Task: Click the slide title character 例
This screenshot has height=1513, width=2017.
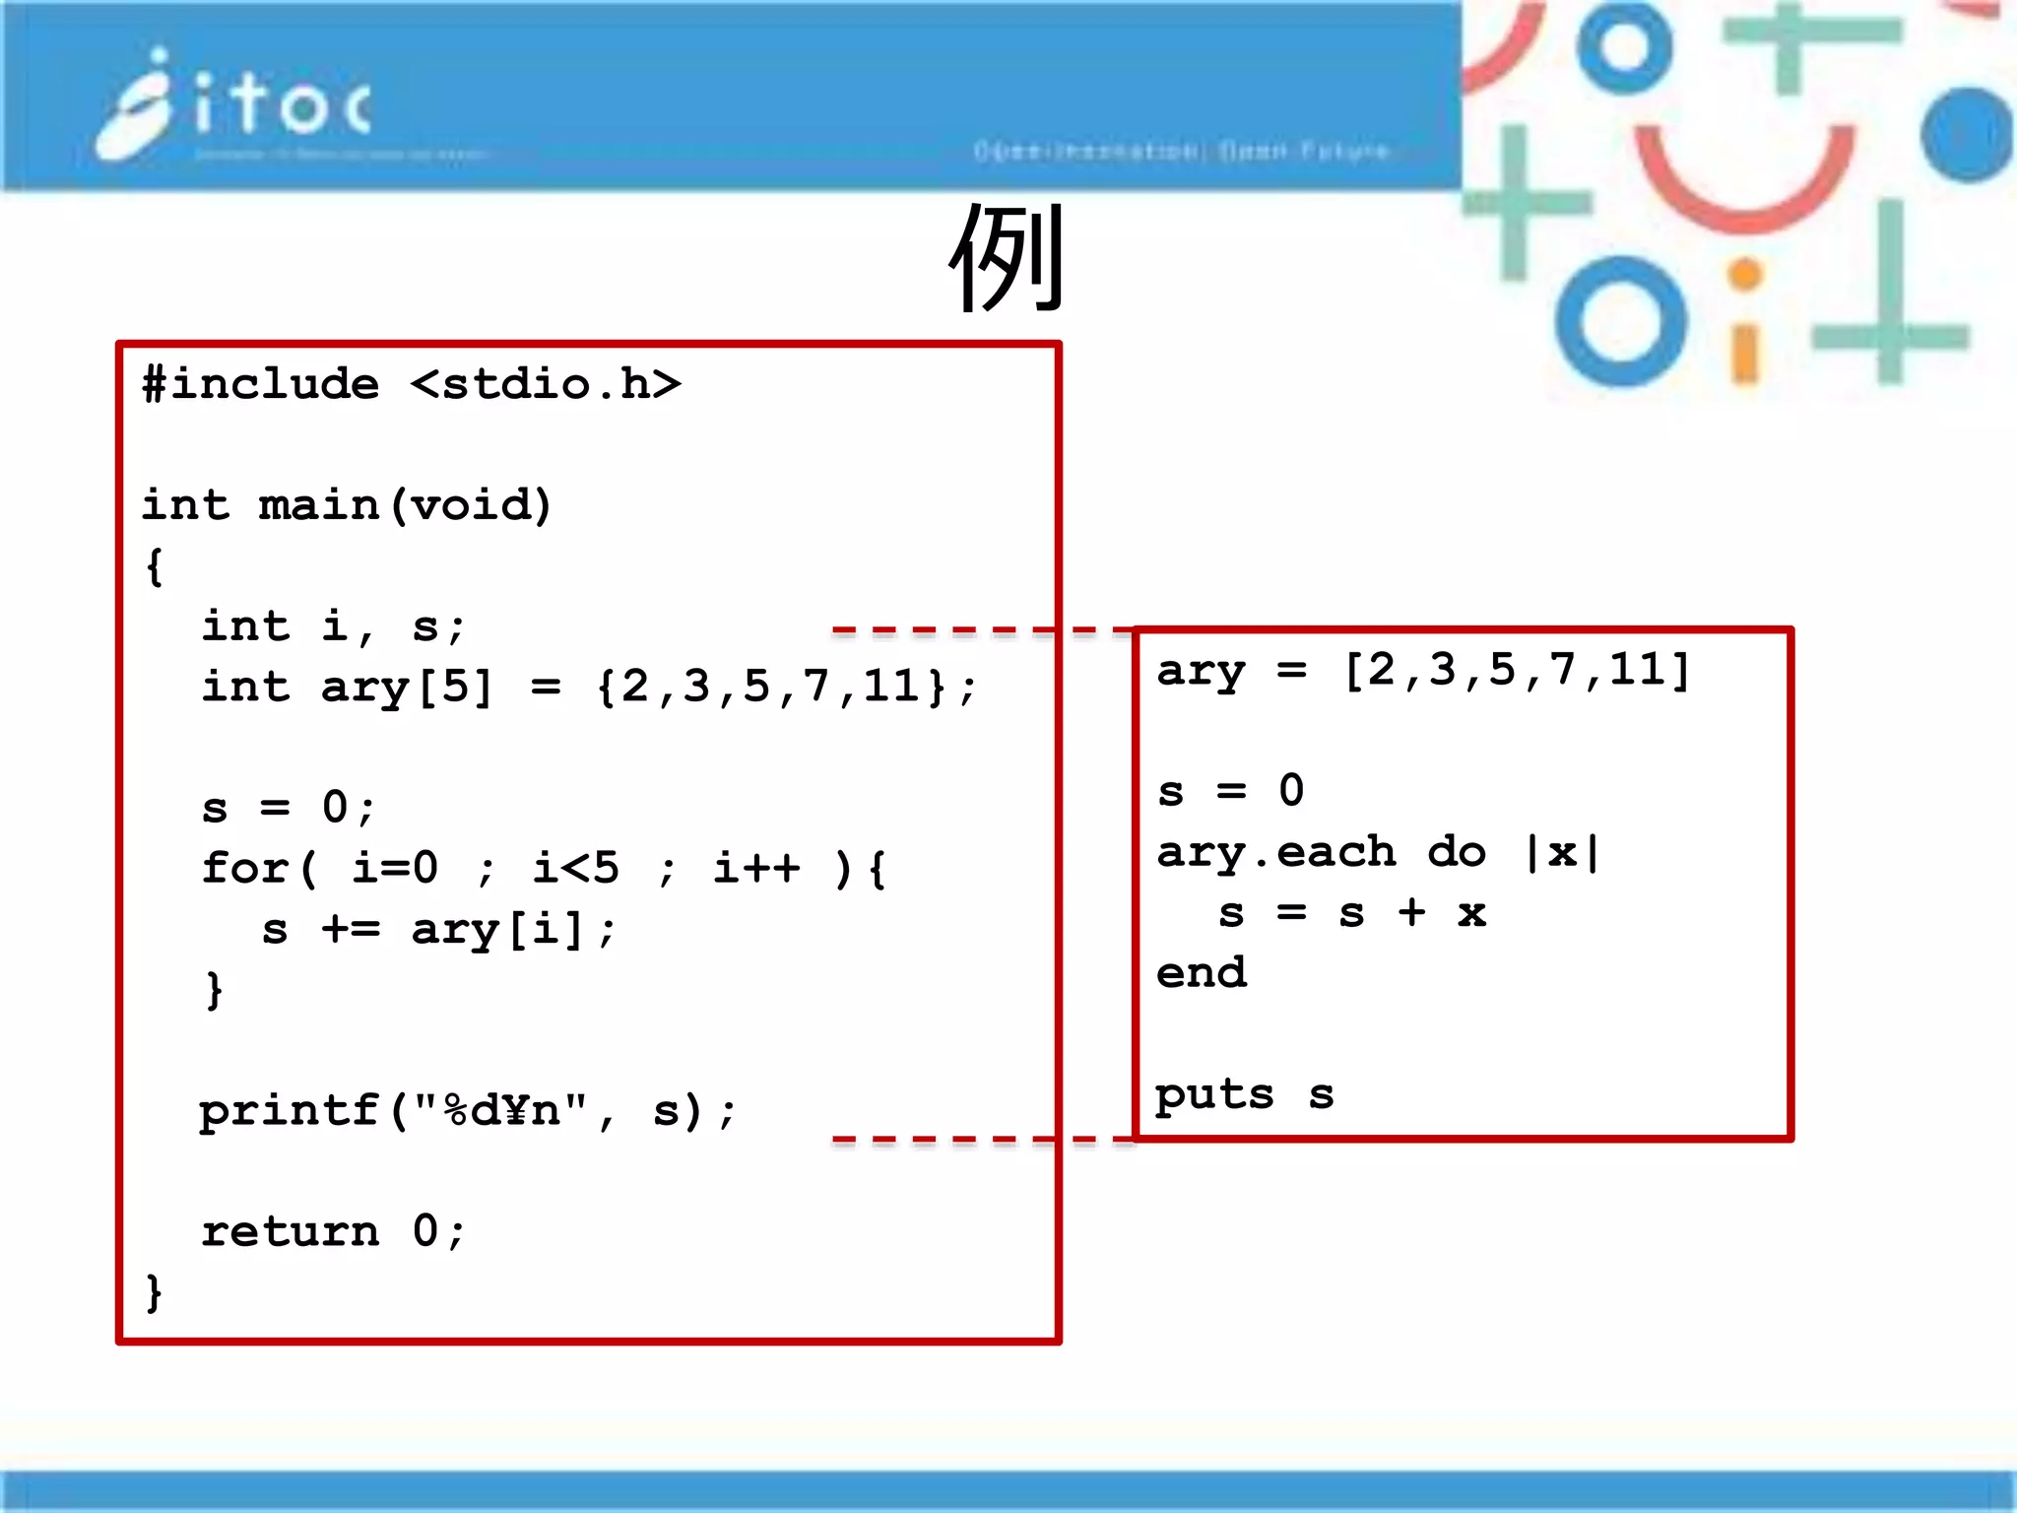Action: pyautogui.click(x=1007, y=258)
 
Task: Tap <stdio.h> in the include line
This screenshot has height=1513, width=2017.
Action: pyautogui.click(x=546, y=383)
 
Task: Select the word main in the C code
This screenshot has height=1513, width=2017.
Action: pyautogui.click(x=318, y=504)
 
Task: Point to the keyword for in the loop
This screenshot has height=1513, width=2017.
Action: pyautogui.click(x=244, y=868)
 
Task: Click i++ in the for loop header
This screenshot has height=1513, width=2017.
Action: pyautogui.click(x=756, y=868)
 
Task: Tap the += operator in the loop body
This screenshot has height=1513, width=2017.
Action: pyautogui.click(x=350, y=929)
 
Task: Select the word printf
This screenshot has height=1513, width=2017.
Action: pyautogui.click(x=289, y=1110)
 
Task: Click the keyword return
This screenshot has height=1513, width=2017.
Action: pyautogui.click(x=290, y=1231)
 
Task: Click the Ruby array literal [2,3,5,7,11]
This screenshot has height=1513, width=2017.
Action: pyautogui.click(x=1518, y=671)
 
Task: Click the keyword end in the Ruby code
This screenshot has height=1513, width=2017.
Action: pyautogui.click(x=1202, y=973)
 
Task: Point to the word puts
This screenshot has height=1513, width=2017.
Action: pyautogui.click(x=1214, y=1094)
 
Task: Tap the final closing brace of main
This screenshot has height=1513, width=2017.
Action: pyautogui.click(x=154, y=1292)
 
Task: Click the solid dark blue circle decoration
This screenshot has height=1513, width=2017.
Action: pyautogui.click(x=1966, y=135)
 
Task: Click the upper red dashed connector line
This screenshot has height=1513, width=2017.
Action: pyautogui.click(x=980, y=629)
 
